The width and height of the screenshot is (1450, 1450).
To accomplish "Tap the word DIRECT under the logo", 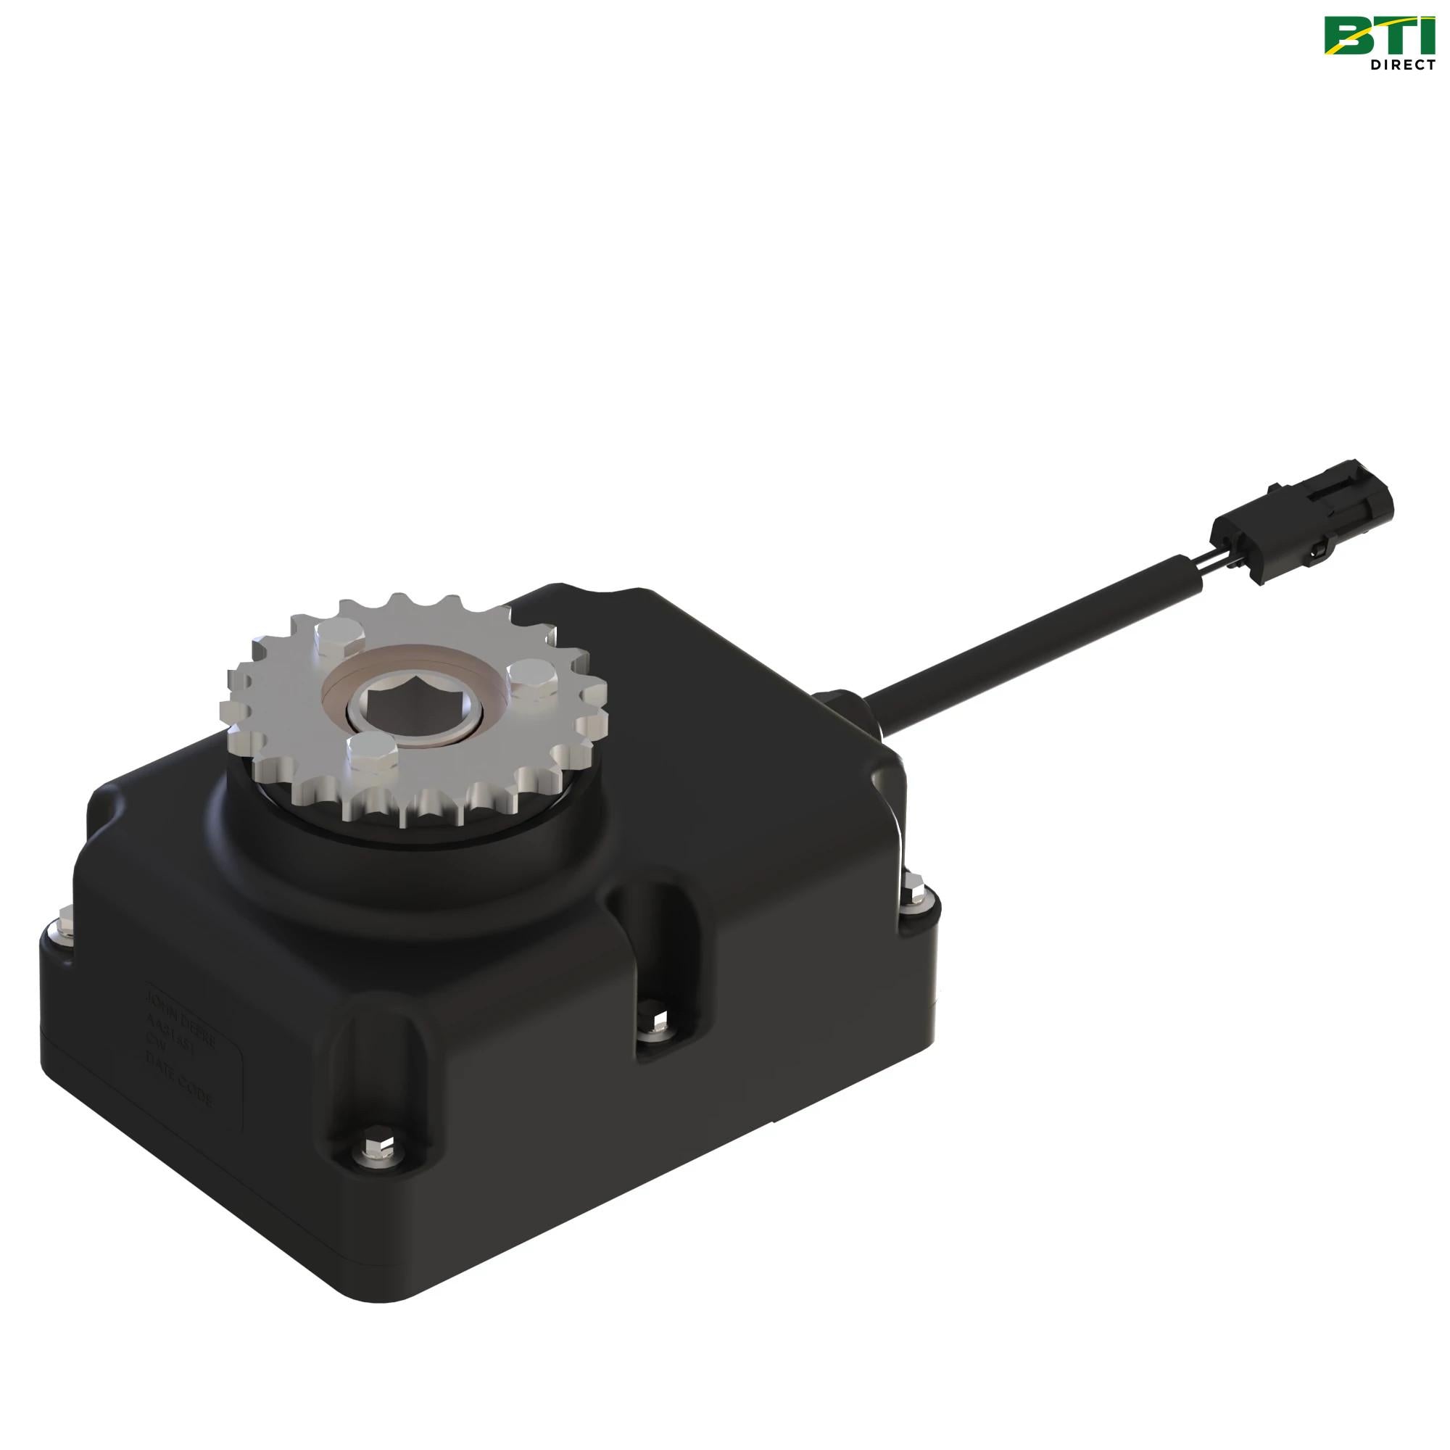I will coord(1403,65).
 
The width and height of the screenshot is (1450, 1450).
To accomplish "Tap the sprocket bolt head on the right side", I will coord(532,676).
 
